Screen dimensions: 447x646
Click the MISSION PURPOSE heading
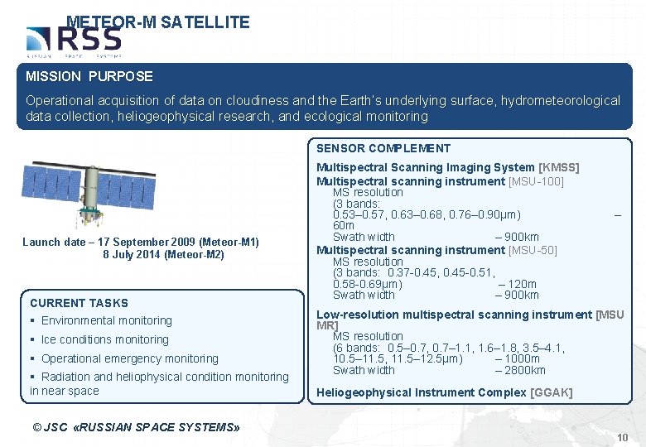point(89,76)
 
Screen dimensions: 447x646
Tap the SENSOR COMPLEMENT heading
point(383,148)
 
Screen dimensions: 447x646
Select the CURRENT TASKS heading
point(79,303)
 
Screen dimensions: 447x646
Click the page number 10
point(623,437)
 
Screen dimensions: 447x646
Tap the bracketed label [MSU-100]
point(536,181)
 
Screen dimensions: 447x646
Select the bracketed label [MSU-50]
point(533,250)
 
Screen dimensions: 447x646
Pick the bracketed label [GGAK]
point(551,392)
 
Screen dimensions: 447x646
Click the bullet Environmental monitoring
point(106,320)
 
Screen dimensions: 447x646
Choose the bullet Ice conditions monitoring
point(104,339)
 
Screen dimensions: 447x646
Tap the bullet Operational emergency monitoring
point(129,358)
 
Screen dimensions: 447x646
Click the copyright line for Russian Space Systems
point(136,427)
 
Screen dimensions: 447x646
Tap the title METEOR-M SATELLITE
point(157,22)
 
